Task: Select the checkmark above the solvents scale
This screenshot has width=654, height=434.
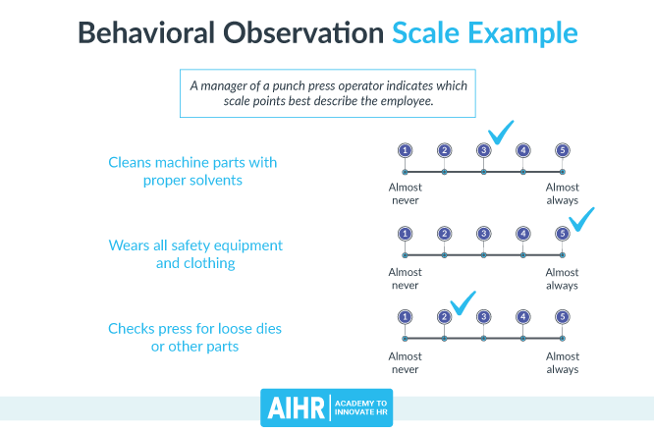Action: coord(501,131)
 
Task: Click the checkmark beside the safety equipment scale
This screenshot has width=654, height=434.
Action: coord(581,219)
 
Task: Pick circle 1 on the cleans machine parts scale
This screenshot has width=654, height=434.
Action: coord(405,150)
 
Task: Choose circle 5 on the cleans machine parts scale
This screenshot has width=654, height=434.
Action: coord(562,150)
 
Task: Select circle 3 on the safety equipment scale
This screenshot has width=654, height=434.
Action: coord(483,234)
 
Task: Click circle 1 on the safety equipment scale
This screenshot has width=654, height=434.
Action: coord(405,234)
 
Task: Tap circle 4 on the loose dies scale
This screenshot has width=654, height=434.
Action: coord(522,317)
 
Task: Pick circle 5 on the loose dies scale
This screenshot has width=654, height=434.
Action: coord(562,317)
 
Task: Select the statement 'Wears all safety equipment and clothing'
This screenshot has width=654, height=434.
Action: coord(195,253)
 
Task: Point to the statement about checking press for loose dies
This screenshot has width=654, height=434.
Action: coord(194,337)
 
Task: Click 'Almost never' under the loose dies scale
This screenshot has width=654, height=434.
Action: coord(405,362)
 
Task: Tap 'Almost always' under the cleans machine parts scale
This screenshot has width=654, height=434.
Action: coord(562,193)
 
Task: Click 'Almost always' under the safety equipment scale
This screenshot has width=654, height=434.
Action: coord(562,278)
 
